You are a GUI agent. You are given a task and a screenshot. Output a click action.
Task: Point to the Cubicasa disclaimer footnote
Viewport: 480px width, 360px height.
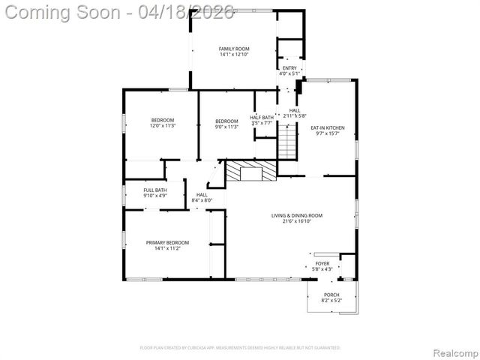point(240,348)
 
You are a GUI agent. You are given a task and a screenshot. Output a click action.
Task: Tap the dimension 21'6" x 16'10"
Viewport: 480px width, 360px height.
point(292,221)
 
